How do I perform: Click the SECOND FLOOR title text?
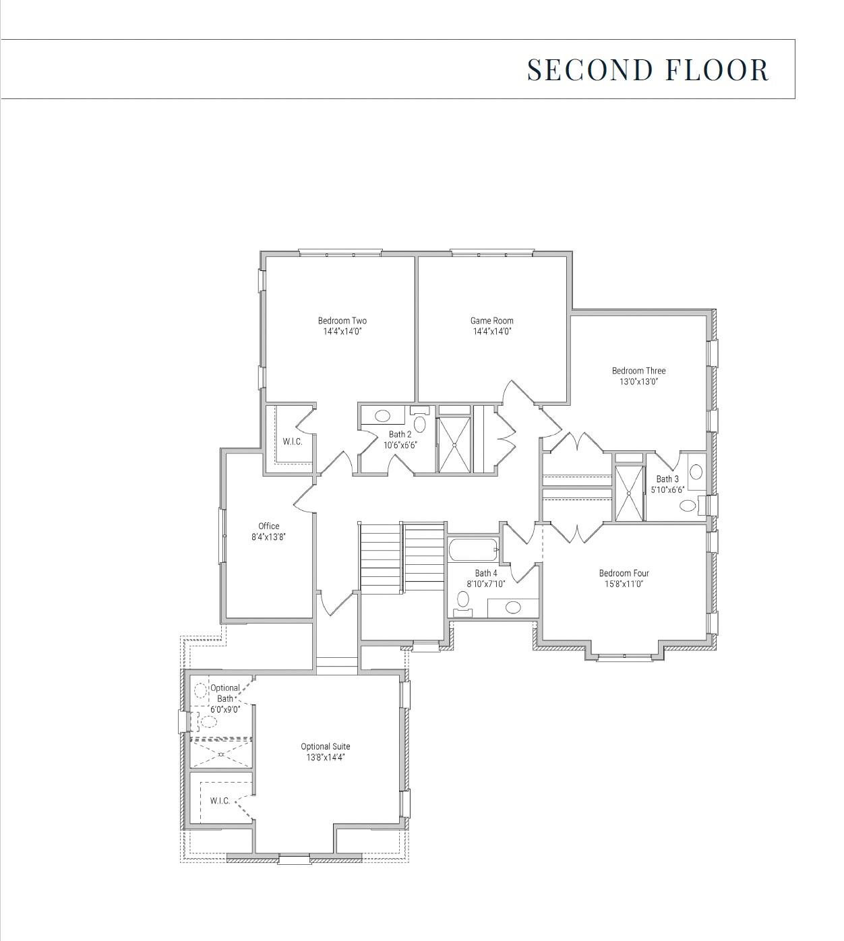tap(647, 70)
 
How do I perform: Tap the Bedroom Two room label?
tap(342, 321)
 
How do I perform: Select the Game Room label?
tap(491, 321)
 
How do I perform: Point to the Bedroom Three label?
tap(638, 371)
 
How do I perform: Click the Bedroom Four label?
tap(624, 574)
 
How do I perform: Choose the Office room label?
tap(268, 526)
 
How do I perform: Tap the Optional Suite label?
tap(325, 747)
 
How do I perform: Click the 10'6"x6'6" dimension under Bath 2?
tap(400, 445)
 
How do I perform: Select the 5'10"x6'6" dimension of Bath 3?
tap(667, 489)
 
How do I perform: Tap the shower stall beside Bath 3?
tap(629, 493)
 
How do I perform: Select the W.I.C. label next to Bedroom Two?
tap(293, 442)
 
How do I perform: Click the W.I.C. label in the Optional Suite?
tap(220, 801)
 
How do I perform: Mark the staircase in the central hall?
tap(402, 557)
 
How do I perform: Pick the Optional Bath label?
tap(224, 694)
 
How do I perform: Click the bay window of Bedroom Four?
tap(624, 657)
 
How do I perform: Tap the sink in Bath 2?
tap(382, 416)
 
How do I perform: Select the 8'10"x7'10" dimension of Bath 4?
tap(486, 584)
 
